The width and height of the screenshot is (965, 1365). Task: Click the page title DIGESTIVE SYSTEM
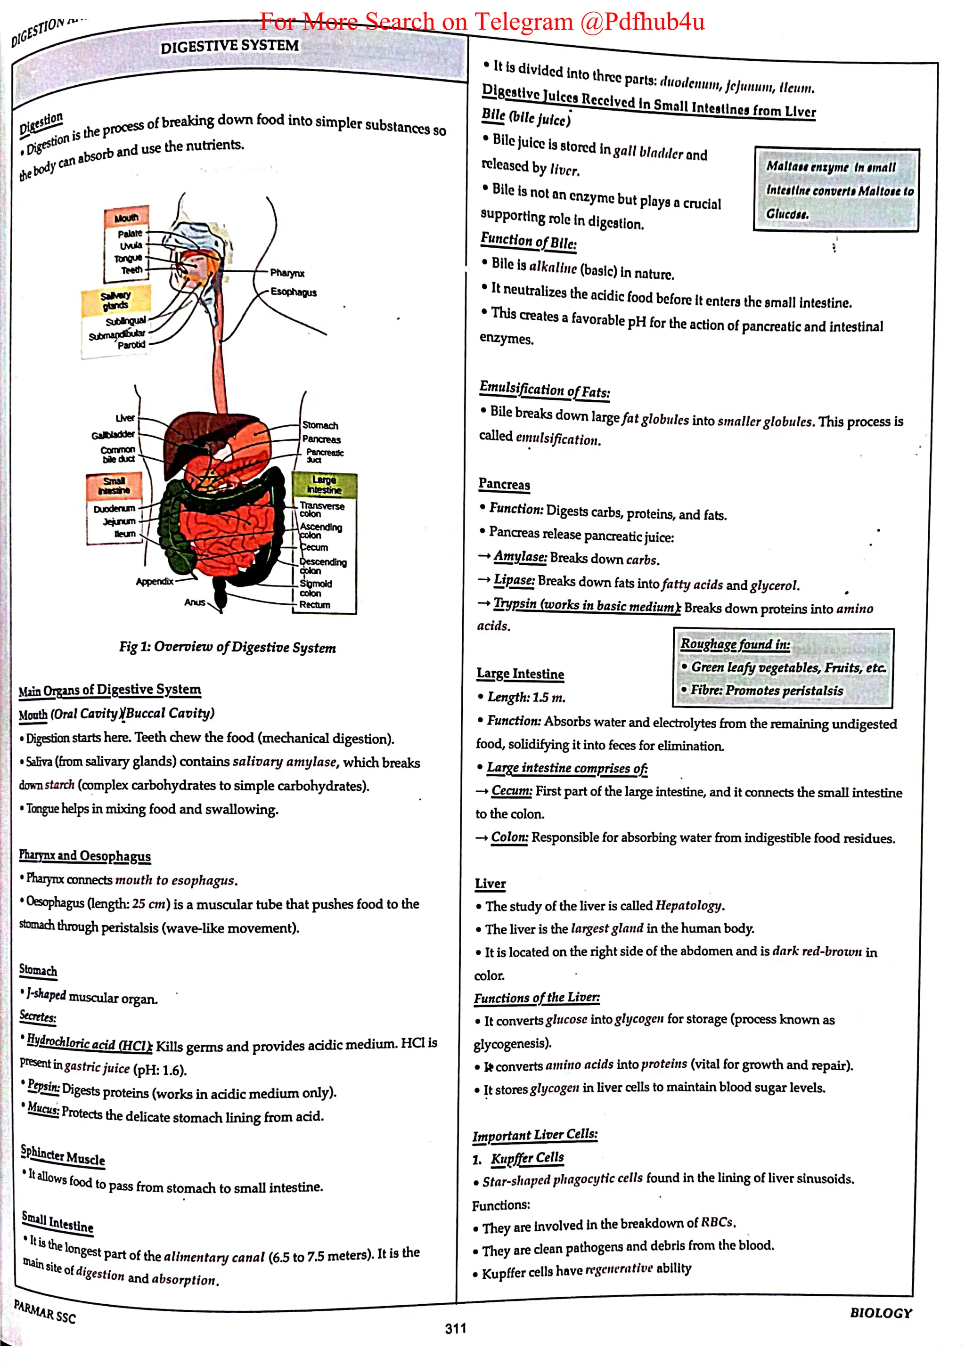click(229, 46)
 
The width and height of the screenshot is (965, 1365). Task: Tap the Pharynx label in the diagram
click(287, 273)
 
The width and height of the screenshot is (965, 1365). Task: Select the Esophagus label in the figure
click(294, 292)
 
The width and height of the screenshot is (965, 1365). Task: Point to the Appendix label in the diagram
click(155, 581)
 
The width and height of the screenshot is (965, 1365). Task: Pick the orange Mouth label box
click(126, 218)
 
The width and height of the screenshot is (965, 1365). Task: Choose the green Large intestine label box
click(324, 485)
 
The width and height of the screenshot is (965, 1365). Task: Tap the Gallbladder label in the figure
click(113, 435)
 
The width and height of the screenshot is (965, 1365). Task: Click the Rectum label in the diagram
click(315, 605)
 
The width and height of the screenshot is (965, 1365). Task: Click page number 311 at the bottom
click(456, 1328)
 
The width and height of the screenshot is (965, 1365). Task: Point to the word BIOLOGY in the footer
click(881, 1313)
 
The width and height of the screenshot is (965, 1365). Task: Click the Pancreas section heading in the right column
click(504, 484)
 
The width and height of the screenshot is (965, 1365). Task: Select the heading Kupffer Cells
click(527, 1157)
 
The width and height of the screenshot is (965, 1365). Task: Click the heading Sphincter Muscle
click(63, 1154)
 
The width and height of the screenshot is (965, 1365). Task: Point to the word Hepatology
click(688, 905)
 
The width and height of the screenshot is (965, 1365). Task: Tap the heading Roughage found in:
click(735, 644)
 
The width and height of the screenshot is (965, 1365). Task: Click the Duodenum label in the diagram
click(114, 509)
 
